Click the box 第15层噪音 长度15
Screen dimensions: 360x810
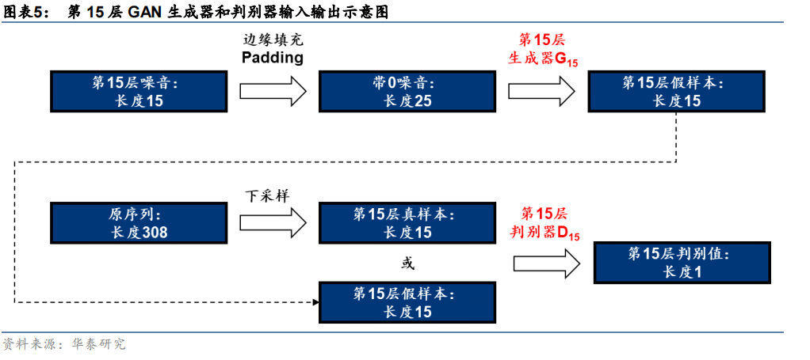(139, 91)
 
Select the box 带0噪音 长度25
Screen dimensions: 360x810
(407, 91)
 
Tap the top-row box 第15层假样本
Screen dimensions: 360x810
(676, 91)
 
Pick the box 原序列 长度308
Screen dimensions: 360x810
(139, 222)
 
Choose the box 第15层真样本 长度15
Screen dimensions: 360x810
(407, 222)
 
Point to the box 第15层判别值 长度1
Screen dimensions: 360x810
(682, 263)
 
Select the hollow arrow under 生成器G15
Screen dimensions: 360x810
(541, 90)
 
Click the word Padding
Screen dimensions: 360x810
(273, 58)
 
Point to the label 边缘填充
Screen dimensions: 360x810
(273, 39)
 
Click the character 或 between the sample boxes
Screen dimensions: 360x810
(407, 263)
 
